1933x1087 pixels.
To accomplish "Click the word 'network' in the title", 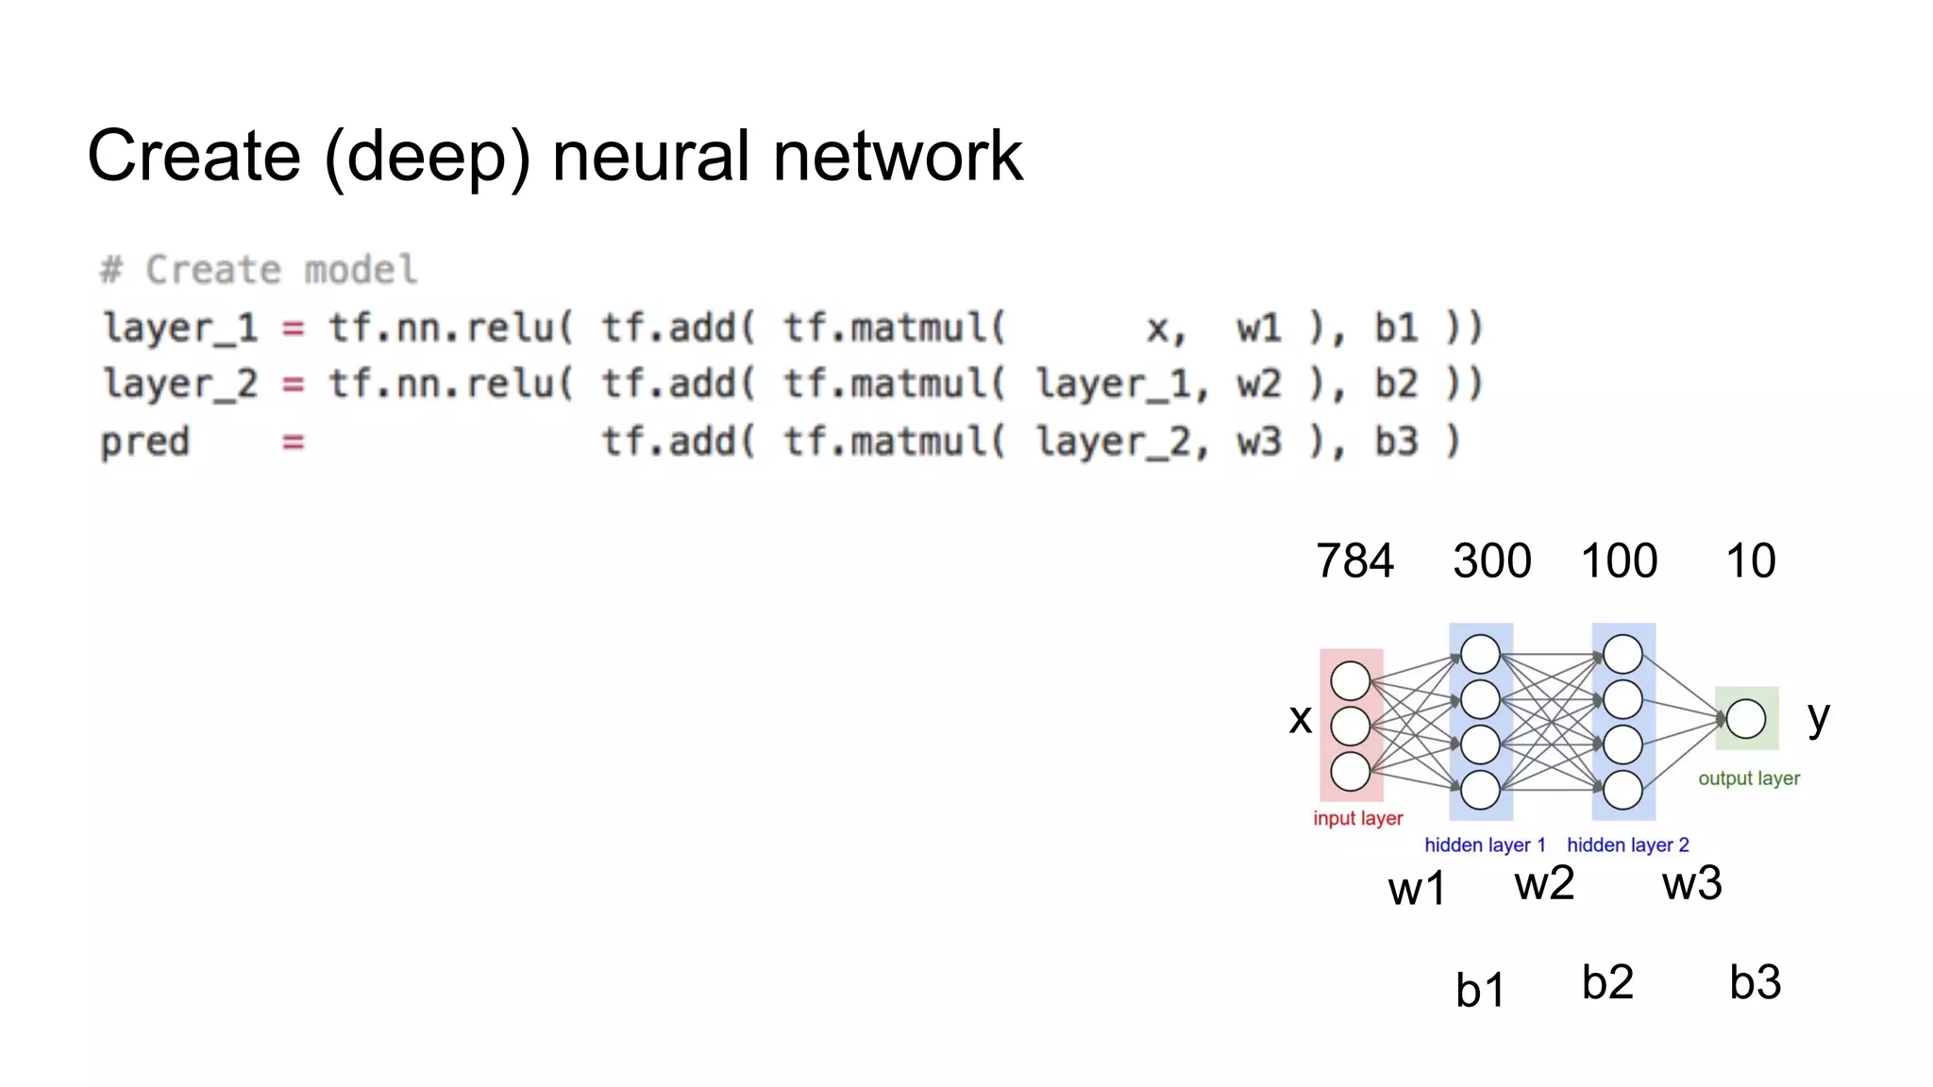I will point(897,156).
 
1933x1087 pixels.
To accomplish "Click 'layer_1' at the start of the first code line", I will point(179,328).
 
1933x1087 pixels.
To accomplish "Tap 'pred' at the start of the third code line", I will point(145,442).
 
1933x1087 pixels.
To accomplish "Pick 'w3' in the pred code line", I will point(1259,442).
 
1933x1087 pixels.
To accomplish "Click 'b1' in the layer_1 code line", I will point(1396,328).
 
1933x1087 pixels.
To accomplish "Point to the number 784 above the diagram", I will point(1354,560).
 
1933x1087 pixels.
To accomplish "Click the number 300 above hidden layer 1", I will point(1491,560).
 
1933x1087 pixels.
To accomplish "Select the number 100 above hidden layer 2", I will point(1619,560).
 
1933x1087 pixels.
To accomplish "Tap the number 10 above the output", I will point(1750,560).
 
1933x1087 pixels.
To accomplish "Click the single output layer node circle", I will point(1746,719).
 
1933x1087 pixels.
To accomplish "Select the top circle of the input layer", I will point(1350,680).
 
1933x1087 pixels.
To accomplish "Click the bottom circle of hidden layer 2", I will point(1622,790).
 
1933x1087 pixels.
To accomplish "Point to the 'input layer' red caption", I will point(1357,818).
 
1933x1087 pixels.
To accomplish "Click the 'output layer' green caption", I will point(1749,778).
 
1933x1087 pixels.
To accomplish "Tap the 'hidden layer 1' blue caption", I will point(1485,845).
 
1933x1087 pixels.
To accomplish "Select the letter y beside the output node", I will point(1819,719).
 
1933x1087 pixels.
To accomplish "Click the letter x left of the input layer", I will point(1300,719).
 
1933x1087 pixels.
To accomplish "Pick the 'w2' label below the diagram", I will point(1544,884).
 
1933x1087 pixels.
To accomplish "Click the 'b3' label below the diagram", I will point(1755,982).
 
